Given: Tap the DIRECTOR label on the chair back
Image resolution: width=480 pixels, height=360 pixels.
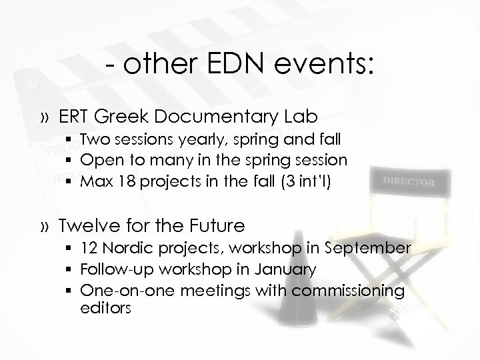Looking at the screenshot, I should pyautogui.click(x=407, y=181).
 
